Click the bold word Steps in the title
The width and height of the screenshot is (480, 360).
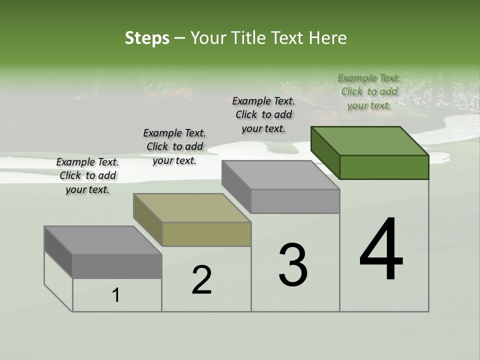coord(147,38)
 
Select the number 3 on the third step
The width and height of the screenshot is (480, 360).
coord(293,265)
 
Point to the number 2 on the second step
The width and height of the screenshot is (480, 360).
coord(202,280)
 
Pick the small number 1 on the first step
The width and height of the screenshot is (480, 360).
coord(116,295)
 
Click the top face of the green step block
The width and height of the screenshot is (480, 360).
coord(370,141)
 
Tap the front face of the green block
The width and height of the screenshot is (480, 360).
coord(384,167)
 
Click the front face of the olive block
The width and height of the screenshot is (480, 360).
coord(206,234)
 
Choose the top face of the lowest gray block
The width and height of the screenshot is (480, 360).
coord(103,240)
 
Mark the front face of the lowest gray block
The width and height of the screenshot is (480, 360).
coord(117,266)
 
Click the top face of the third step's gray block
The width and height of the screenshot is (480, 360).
coord(280,175)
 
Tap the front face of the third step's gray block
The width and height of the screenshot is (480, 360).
coord(295,201)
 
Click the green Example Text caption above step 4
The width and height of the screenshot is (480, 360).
coord(369,92)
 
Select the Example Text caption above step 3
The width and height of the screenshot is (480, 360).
coord(263,114)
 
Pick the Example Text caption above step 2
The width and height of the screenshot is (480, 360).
coord(174,146)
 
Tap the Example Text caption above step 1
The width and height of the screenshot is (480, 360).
coord(87,175)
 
